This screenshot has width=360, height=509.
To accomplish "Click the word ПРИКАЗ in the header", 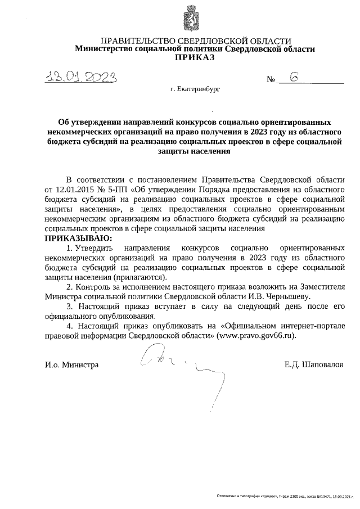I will click(x=195, y=57).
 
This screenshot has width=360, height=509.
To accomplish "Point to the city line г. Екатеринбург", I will click(x=195, y=89).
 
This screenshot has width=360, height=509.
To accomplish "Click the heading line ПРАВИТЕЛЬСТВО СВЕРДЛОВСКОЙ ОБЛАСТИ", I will click(x=195, y=41).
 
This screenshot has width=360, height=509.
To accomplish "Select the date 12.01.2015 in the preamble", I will click(x=75, y=189).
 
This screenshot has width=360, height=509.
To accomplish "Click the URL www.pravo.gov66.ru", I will click(x=250, y=335).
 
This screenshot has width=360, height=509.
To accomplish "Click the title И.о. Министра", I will click(x=72, y=364).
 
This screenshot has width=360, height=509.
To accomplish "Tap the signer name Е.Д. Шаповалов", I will click(x=313, y=364).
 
